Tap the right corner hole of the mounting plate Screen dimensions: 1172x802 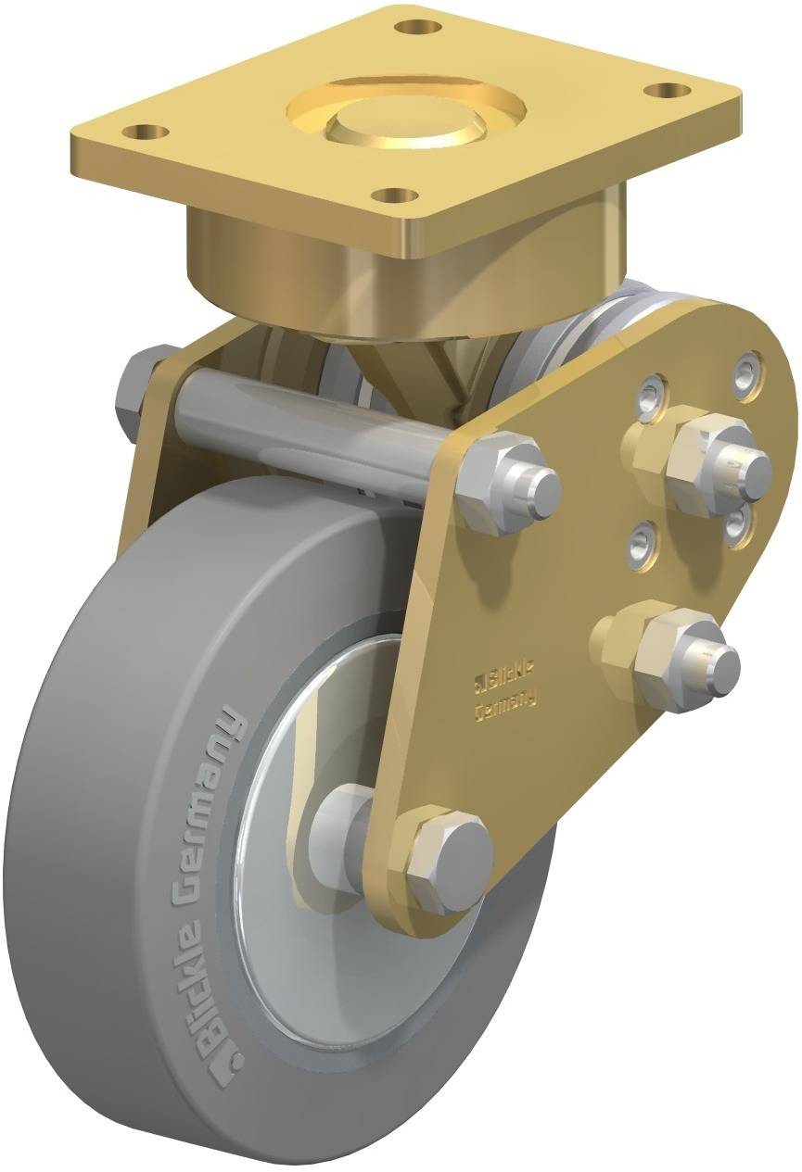[661, 91]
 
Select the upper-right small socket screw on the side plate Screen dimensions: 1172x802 [749, 372]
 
